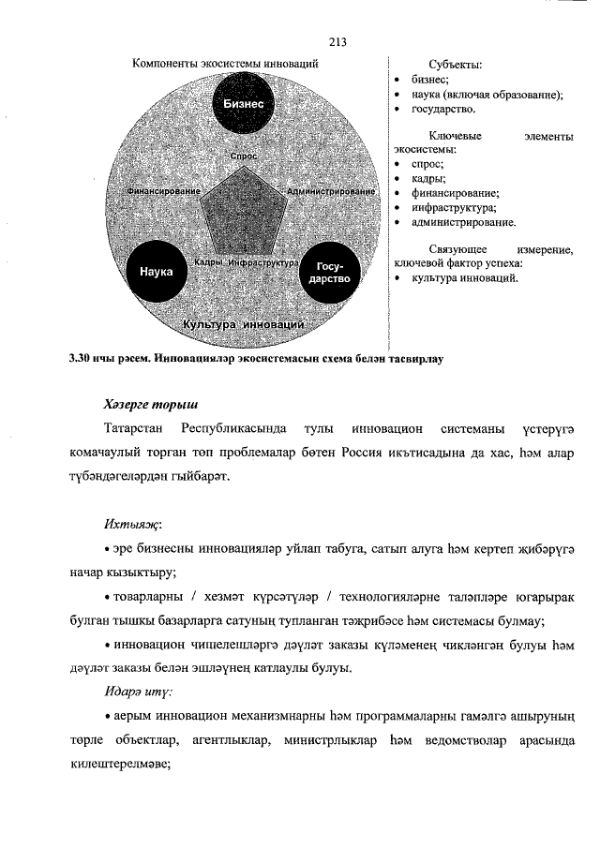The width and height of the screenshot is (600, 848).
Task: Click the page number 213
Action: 338,41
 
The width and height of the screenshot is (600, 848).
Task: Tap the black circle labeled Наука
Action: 156,272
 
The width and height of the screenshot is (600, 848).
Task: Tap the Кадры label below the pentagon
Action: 208,262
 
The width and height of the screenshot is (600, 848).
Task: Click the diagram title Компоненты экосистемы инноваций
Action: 225,64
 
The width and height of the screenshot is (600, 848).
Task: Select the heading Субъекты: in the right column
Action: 455,65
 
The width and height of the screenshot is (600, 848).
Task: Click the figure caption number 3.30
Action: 81,358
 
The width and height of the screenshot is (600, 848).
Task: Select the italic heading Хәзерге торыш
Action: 149,405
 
